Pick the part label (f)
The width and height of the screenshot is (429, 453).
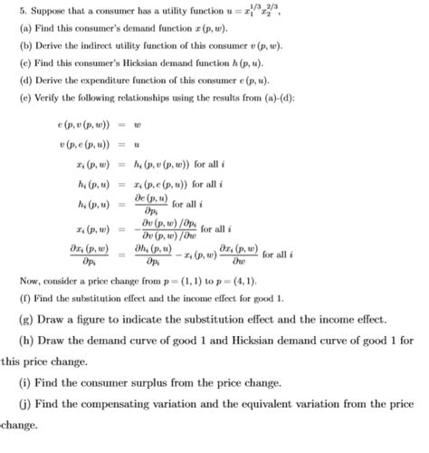click(14, 298)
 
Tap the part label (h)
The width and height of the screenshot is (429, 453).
click(26, 342)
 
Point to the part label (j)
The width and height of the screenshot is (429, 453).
click(24, 405)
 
